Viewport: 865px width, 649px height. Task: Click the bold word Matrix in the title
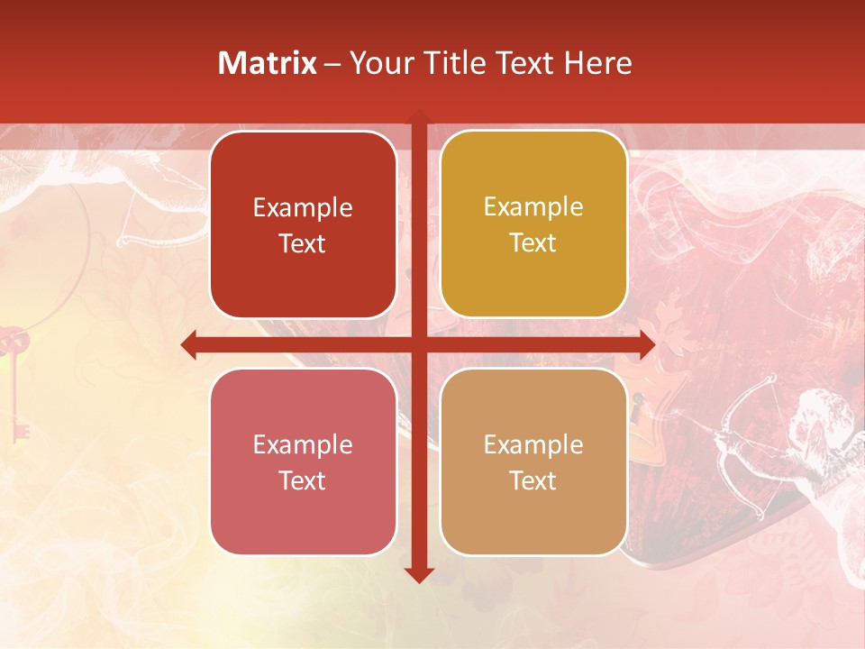point(268,63)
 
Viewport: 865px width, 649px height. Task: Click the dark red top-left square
point(303,224)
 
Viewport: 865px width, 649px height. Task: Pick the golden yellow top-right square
point(533,224)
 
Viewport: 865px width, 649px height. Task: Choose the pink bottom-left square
point(303,462)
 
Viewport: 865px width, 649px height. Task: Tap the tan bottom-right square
point(533,462)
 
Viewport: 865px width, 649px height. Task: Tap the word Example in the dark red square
point(303,208)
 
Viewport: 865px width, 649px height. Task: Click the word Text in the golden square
point(533,243)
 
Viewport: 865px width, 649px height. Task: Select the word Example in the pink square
point(303,445)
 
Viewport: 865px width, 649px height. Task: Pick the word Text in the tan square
point(533,481)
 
